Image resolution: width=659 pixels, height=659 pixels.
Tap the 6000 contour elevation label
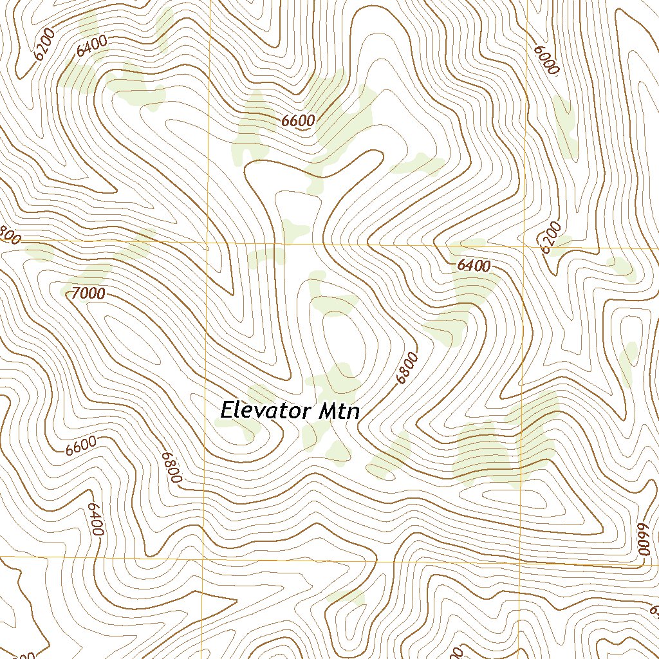pos(545,60)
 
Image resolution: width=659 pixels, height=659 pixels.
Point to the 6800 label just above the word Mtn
pos(407,368)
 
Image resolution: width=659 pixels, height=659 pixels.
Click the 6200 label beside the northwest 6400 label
pos(46,45)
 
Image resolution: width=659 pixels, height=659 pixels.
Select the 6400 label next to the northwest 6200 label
pos(91,46)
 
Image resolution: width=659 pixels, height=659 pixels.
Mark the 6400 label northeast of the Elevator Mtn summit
pos(474,265)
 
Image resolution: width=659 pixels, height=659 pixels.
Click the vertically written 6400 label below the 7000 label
pos(95,519)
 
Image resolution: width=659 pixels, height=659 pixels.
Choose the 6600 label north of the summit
pos(298,120)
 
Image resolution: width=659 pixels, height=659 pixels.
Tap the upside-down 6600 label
pos(644,539)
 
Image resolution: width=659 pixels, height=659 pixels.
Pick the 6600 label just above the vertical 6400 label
pos(80,445)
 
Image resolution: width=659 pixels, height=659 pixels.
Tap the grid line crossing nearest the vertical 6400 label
pos(203,557)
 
